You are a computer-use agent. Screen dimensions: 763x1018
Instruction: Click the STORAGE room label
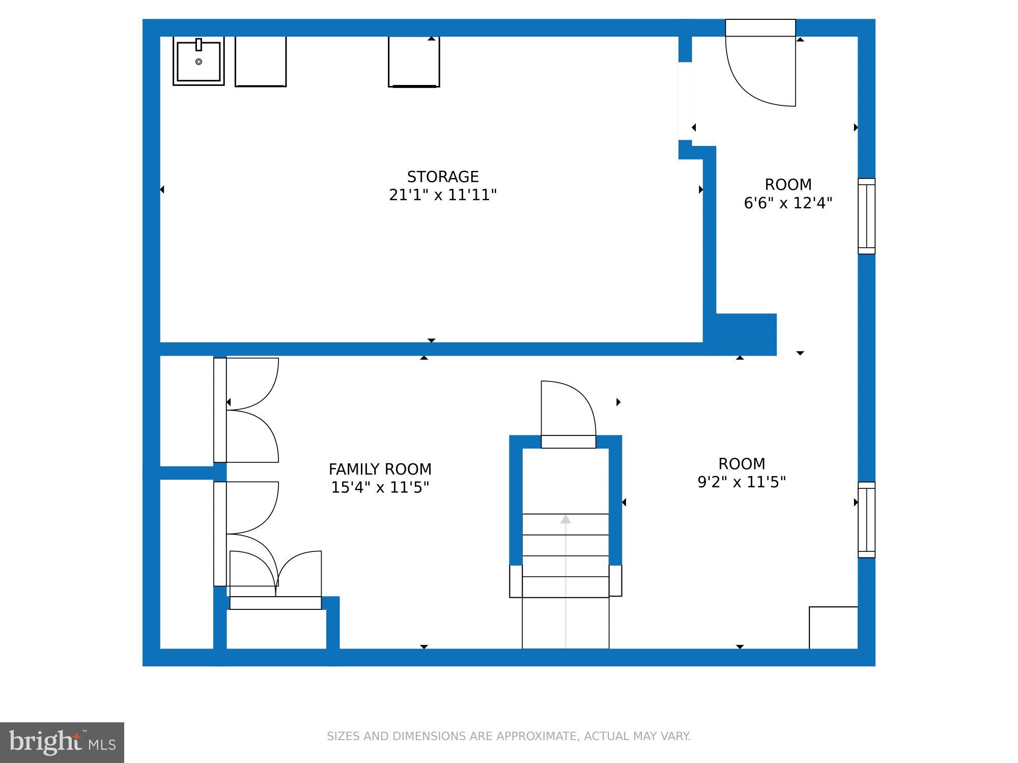442,177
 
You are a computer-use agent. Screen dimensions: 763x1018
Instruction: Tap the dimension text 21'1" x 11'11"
442,195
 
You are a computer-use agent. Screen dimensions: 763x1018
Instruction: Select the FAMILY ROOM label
380,468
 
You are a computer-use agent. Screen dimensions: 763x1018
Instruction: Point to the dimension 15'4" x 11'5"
380,487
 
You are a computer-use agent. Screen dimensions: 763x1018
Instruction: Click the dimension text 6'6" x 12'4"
788,203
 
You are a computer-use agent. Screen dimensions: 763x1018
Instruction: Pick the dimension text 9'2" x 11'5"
742,482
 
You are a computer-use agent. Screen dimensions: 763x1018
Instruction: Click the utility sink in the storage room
199,61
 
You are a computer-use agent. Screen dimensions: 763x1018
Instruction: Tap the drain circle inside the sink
199,62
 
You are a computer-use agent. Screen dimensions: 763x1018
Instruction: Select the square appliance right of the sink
261,61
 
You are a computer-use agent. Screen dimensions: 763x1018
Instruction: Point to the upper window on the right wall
866,216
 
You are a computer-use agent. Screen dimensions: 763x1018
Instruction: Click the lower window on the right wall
866,519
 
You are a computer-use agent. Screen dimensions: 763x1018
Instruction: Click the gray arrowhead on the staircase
565,519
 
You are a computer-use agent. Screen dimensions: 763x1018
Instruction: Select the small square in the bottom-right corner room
833,627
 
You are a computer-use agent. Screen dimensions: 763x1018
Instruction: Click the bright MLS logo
62,742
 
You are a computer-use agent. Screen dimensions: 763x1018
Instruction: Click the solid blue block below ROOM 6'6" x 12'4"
746,334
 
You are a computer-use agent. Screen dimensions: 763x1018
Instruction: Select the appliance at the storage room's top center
414,62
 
